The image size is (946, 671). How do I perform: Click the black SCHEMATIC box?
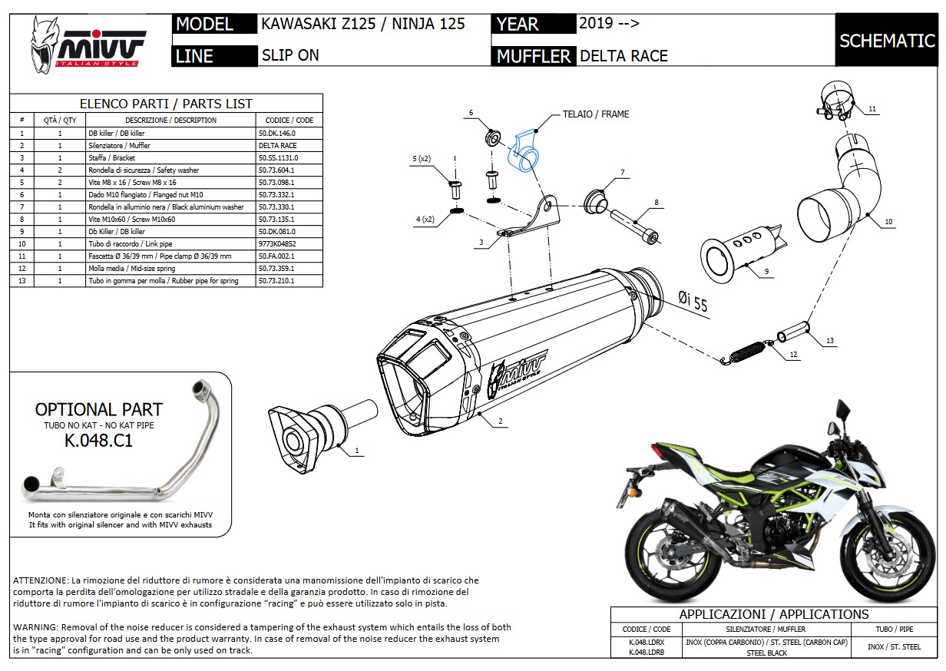coord(886,41)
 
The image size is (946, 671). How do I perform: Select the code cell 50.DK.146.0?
coord(278,133)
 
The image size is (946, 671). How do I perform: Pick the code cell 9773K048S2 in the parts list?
coord(278,243)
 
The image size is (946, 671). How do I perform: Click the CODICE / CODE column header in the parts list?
coord(289,120)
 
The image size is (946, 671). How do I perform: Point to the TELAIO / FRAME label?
coord(595,114)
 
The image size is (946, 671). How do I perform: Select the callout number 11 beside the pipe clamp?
coord(872,110)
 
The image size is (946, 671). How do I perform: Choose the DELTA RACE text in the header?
coord(623,56)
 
